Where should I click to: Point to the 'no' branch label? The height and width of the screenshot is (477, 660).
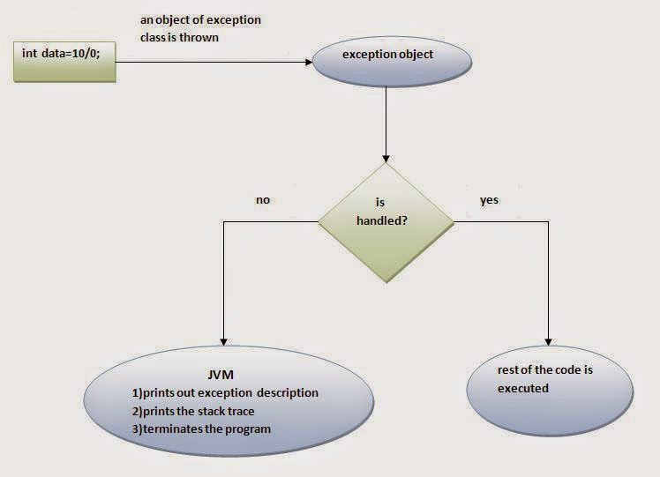click(x=262, y=200)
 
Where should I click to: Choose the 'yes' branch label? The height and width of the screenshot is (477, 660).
click(x=489, y=200)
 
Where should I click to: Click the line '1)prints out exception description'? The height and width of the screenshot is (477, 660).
click(x=224, y=392)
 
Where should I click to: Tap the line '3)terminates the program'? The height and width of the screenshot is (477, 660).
click(x=200, y=429)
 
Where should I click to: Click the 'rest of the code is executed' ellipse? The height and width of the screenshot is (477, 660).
click(x=550, y=389)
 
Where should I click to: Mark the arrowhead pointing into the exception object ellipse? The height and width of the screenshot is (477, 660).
click(x=310, y=62)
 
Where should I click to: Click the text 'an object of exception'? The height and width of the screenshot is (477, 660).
click(x=200, y=19)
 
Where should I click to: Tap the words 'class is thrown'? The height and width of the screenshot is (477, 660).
click(x=179, y=38)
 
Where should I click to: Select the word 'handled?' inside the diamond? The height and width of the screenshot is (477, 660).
click(x=381, y=220)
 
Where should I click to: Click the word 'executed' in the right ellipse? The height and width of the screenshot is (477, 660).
click(x=522, y=388)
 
